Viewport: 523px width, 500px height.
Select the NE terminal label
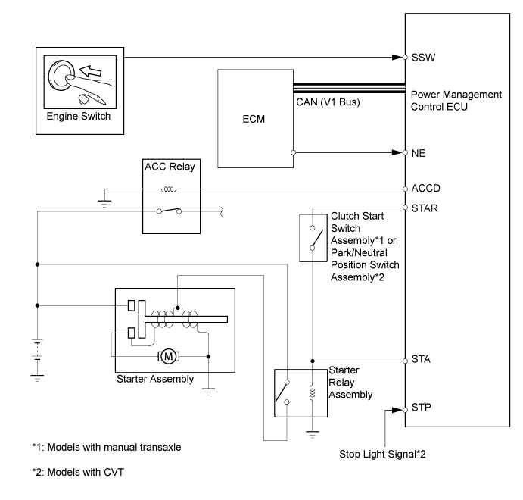tap(418, 152)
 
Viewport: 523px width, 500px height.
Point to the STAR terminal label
tap(425, 206)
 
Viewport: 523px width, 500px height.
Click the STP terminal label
tap(421, 409)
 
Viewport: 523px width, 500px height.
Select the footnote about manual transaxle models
tap(106, 447)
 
